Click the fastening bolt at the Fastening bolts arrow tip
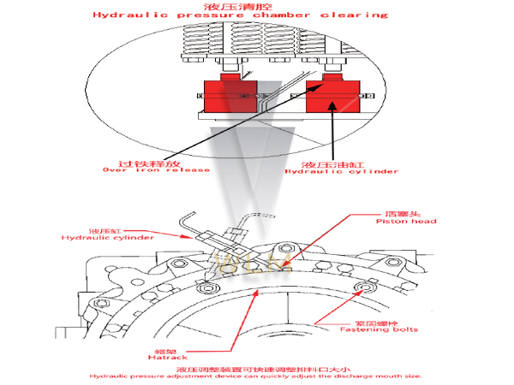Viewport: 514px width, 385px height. coord(369,287)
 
